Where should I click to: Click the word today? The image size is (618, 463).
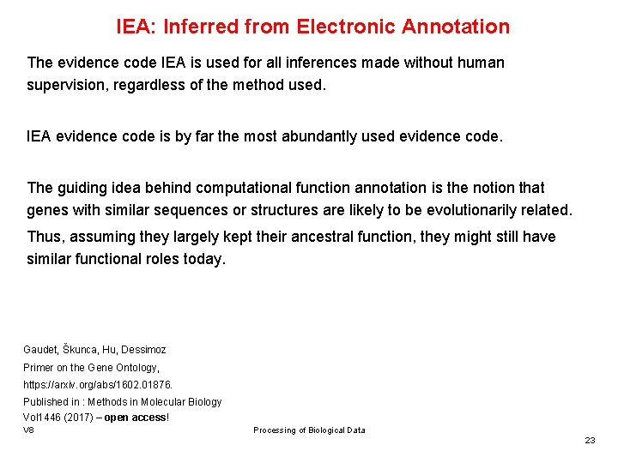click(203, 259)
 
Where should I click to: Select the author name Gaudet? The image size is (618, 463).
click(39, 350)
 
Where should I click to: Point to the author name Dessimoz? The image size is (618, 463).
click(143, 350)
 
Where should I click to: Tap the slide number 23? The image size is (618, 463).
click(590, 440)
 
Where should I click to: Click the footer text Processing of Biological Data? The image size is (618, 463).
click(309, 430)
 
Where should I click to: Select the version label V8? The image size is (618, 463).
click(29, 430)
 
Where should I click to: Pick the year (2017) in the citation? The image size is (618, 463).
click(74, 418)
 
